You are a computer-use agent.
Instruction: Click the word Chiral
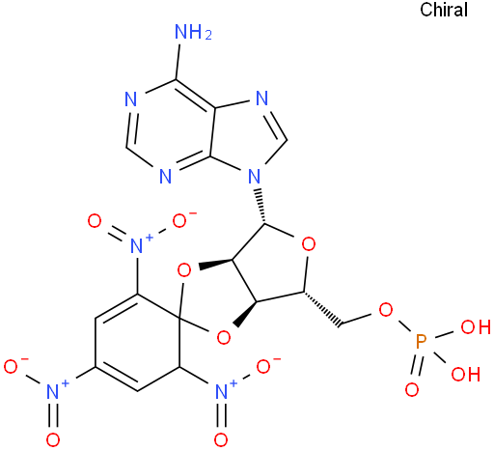444,10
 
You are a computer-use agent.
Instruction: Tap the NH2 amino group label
193,32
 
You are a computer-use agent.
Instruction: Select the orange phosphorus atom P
421,342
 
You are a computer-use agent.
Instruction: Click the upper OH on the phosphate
476,327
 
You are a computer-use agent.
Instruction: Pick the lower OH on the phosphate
466,375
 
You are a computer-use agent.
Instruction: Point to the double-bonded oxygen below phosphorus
412,390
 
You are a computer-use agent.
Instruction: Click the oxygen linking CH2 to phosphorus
386,310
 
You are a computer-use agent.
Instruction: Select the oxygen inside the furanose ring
309,244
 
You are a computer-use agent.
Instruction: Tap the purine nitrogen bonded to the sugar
255,176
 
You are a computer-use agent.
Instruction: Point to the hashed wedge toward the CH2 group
322,310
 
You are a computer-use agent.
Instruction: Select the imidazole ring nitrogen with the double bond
262,98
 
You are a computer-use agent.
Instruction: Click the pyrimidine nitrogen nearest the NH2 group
131,99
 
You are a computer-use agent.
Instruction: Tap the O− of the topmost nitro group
182,220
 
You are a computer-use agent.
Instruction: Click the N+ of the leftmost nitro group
55,389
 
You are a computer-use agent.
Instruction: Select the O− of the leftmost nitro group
14,365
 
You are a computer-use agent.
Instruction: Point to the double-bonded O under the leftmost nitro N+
53,439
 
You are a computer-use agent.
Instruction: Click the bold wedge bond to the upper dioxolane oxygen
215,263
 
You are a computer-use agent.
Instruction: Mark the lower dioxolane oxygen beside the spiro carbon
224,338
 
